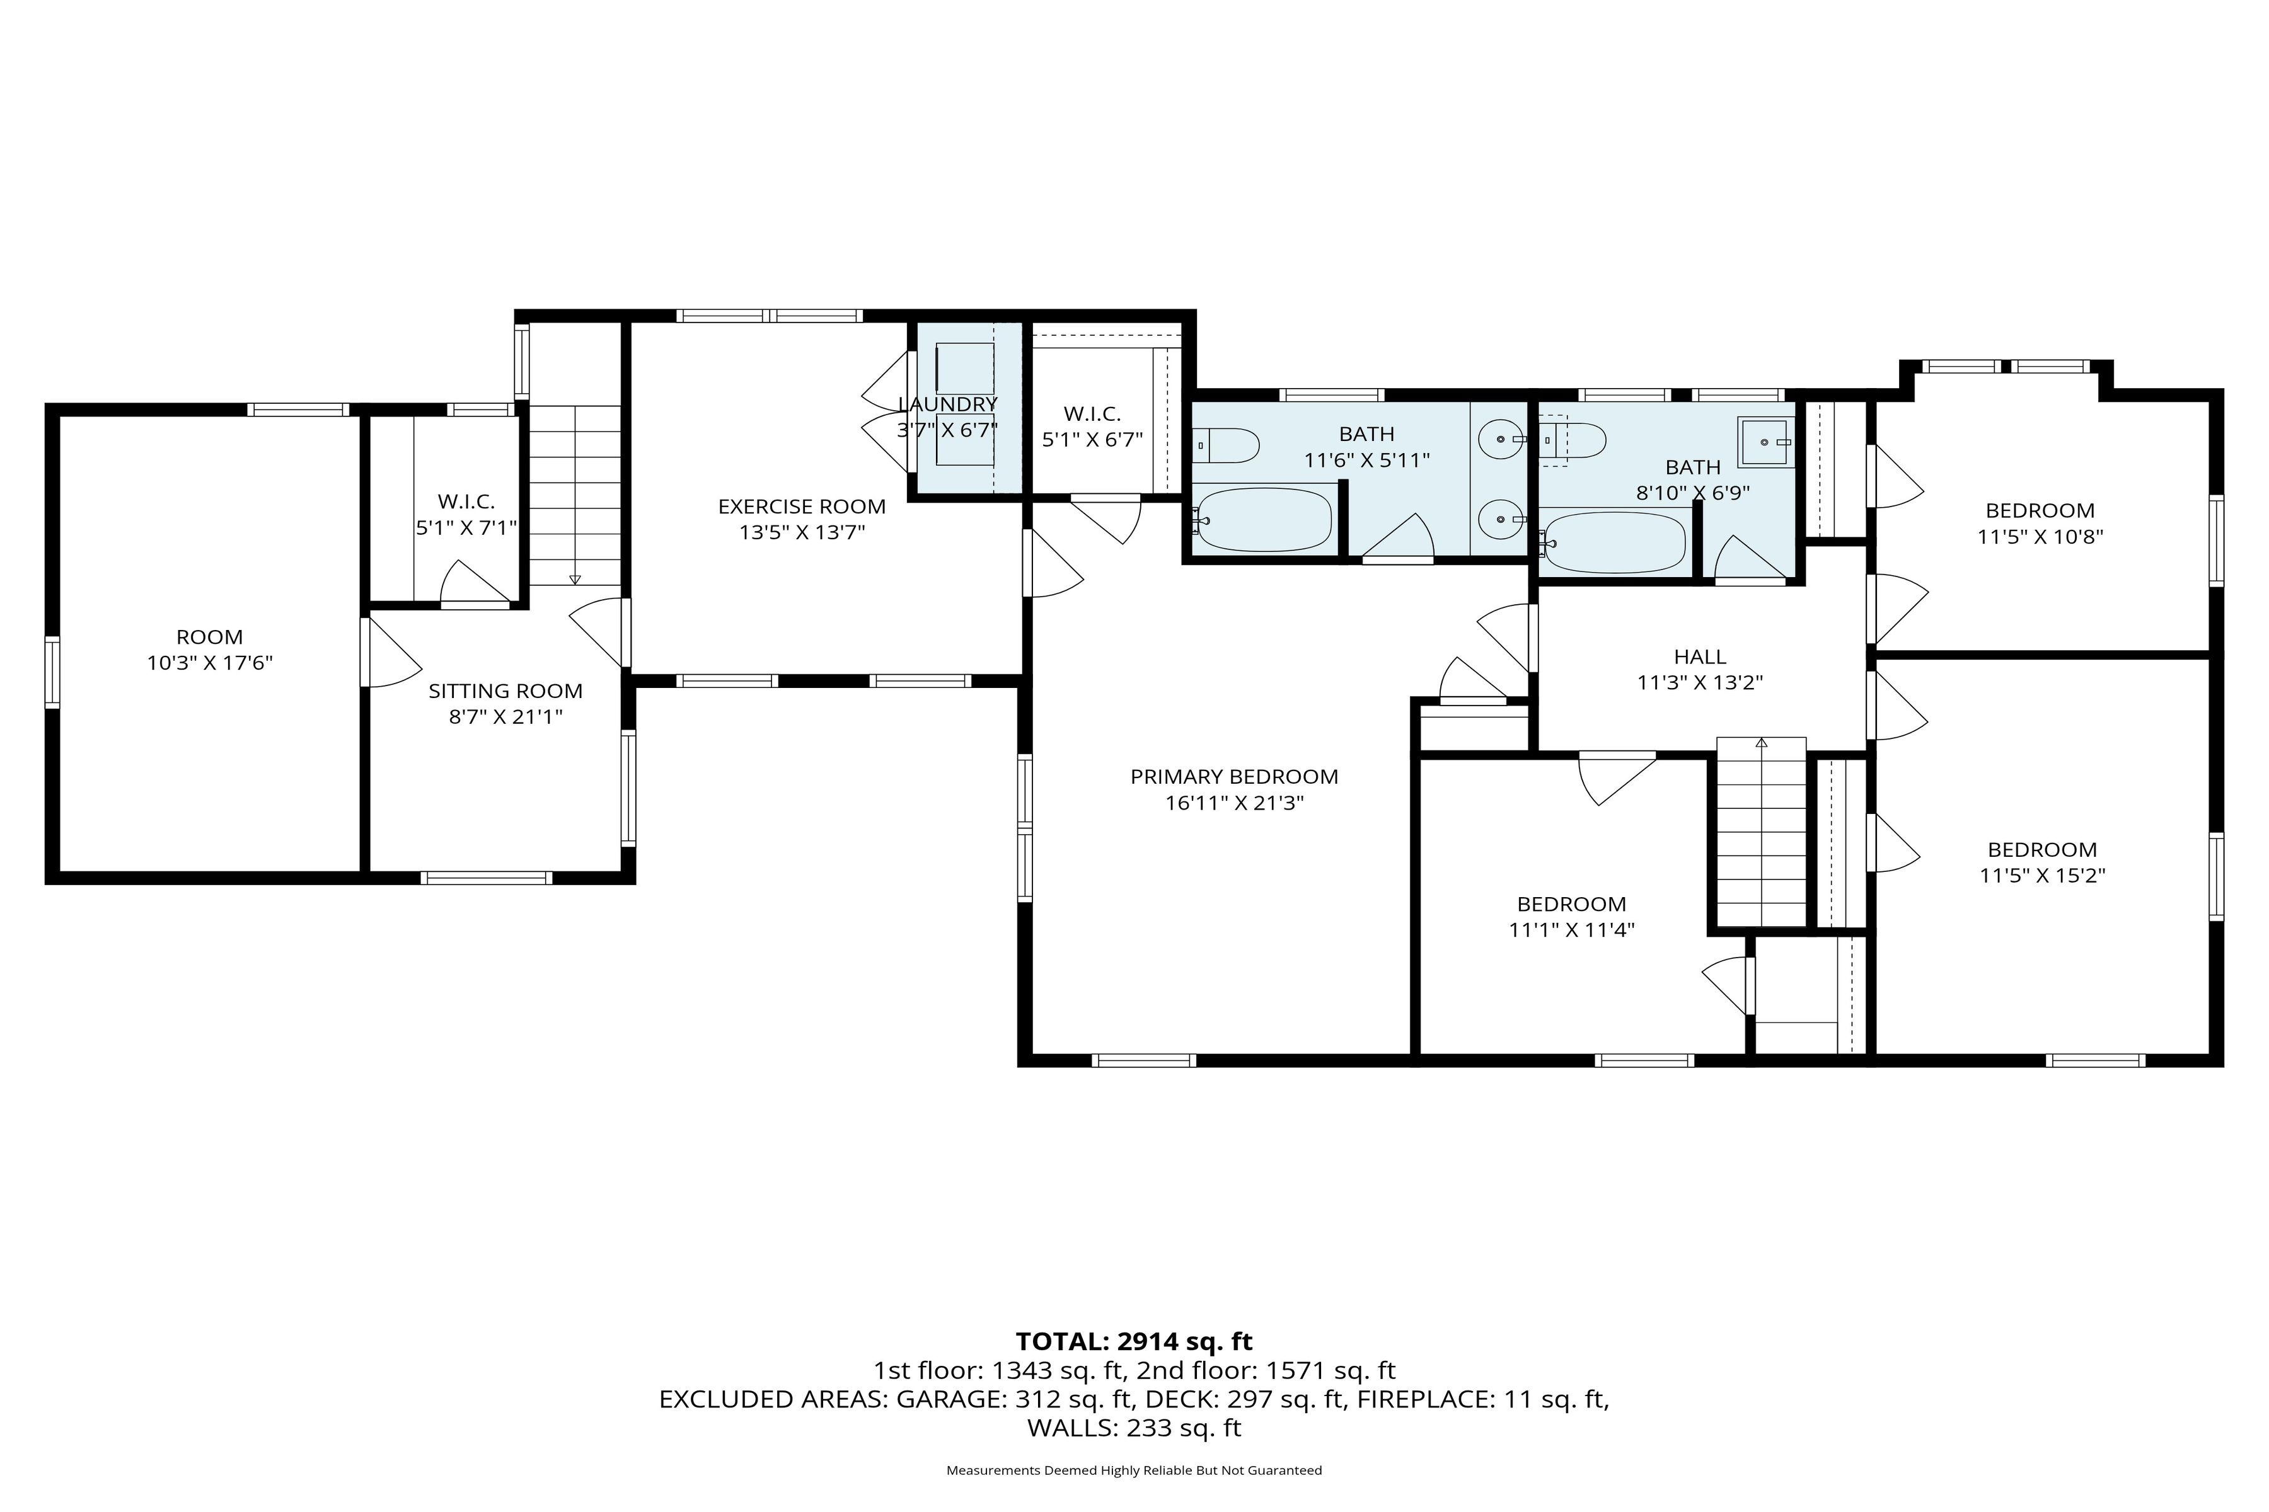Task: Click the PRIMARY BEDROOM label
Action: point(1234,776)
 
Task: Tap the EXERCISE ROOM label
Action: point(802,507)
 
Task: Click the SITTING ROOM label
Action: point(505,690)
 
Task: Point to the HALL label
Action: point(1700,656)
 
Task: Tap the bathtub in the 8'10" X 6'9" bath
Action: point(1614,542)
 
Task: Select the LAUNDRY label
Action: point(947,404)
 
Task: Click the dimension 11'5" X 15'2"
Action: point(2042,876)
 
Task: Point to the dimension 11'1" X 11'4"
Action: point(1571,930)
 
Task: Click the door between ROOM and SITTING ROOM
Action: point(367,653)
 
